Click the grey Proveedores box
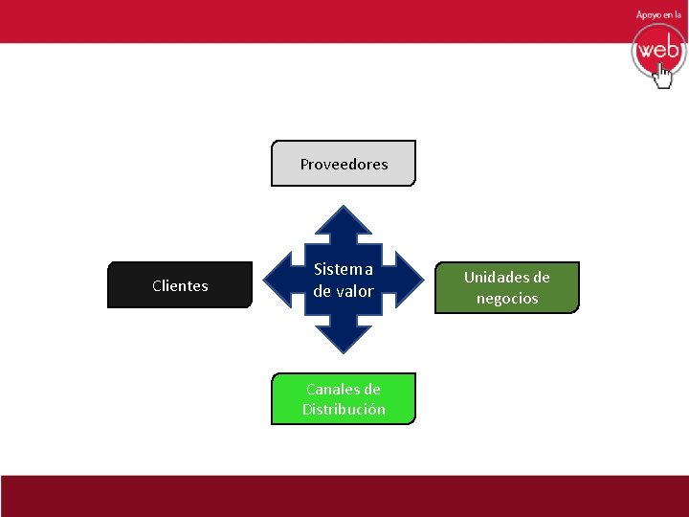344,163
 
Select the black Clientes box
179,285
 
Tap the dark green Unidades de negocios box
507,287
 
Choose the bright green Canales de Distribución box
344,398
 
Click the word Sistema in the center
344,269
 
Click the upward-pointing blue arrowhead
344,222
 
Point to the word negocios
507,299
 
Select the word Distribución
344,410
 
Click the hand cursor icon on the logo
663,76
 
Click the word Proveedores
344,164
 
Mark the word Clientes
180,285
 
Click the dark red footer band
344,496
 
